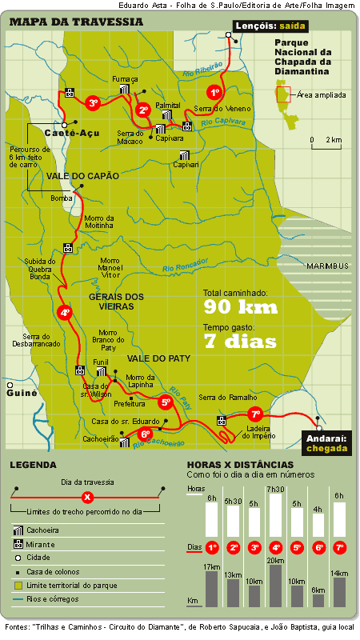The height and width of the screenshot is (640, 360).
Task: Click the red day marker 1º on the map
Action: [214, 92]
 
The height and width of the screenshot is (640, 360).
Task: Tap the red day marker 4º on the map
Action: [66, 314]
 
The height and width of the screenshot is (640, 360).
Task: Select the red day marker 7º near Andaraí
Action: [255, 414]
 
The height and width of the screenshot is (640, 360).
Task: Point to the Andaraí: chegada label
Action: [326, 442]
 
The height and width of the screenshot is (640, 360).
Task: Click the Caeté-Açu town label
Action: [72, 133]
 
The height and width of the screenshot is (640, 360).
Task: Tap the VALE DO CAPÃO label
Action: [82, 176]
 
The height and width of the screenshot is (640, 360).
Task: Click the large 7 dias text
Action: [240, 342]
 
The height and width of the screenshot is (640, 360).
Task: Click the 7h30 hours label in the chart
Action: [276, 489]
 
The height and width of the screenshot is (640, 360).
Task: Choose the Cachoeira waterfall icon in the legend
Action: [18, 530]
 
